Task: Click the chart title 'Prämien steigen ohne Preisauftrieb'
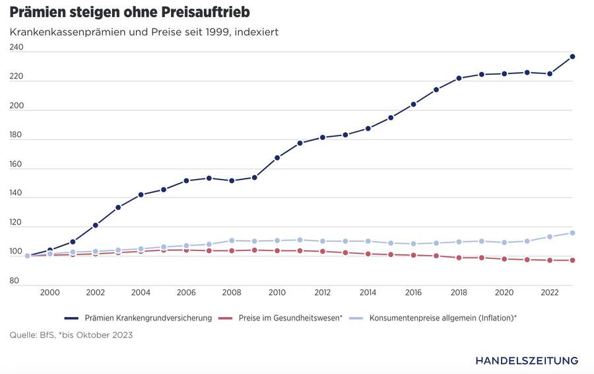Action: coord(129,12)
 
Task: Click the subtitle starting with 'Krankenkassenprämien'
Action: coord(144,32)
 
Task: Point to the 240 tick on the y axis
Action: coord(16,48)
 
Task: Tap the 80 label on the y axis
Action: coord(15,281)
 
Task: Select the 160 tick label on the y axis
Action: coord(16,165)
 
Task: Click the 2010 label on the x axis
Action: coord(277,293)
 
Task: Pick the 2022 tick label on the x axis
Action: coord(550,293)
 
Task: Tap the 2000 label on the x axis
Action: coord(49,293)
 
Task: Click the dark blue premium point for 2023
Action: coord(572,57)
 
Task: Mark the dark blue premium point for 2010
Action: coord(277,158)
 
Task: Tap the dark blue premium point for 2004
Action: coord(141,195)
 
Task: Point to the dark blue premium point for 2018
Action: coord(459,79)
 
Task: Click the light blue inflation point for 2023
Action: coord(572,233)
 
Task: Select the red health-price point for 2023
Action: coord(572,260)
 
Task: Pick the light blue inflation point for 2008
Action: coord(232,241)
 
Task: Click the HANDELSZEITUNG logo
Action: coord(526,360)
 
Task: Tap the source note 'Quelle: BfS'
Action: coord(71,335)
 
